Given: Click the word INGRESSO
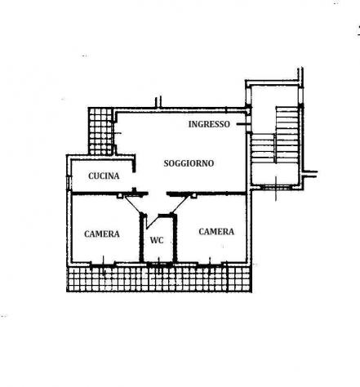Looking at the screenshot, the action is click(209, 124).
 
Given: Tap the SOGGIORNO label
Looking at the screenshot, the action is click(189, 163).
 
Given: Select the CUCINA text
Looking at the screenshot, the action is click(104, 176).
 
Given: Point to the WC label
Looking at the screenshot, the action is click(157, 240).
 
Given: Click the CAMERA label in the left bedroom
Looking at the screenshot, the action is click(102, 234).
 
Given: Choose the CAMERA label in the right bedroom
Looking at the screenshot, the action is click(216, 232).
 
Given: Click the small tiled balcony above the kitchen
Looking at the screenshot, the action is click(100, 131).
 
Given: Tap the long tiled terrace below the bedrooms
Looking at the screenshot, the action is click(159, 279).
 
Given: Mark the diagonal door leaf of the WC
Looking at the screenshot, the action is click(152, 221).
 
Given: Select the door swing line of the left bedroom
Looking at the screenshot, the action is click(133, 204).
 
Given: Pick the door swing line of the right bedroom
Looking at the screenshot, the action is click(180, 204).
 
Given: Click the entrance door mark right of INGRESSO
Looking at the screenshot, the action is click(242, 124).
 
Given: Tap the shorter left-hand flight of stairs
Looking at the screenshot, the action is click(262, 149).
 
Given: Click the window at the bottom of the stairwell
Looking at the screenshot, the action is click(276, 187).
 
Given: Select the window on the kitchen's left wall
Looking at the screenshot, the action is click(69, 183).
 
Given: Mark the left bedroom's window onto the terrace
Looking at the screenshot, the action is click(103, 264).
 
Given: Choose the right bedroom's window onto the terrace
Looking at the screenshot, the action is click(210, 264).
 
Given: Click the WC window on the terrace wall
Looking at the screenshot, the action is click(159, 264).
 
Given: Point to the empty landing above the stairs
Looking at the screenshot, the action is click(275, 96).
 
